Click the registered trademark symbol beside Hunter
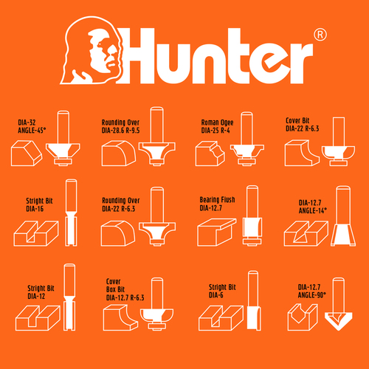320,35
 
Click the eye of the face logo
101,44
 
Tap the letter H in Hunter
137,56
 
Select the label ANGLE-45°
32,130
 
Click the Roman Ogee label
217,123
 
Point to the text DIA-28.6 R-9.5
120,131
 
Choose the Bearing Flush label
217,200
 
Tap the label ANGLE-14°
313,210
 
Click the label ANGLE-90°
312,295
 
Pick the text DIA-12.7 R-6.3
125,297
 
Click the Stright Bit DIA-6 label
222,291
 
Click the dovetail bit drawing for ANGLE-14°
343,215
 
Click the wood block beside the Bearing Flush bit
216,232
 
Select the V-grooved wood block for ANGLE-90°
303,317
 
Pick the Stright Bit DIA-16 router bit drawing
71,213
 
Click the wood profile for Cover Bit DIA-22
302,153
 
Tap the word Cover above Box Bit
113,281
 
